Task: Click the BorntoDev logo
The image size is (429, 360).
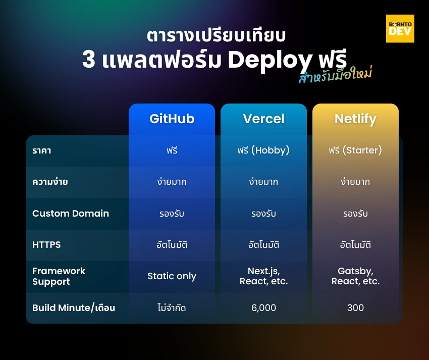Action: coord(400,28)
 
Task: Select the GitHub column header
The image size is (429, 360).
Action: coord(172,119)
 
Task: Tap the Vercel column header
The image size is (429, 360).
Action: coord(263,119)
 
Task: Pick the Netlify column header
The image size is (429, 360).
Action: coord(355,119)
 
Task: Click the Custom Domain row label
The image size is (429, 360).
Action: coord(71,213)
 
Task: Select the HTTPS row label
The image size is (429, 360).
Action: coord(46,244)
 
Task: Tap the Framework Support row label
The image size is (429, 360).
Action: coord(59,276)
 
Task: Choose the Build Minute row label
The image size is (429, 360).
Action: coord(74,307)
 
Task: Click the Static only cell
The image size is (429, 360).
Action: coord(172,276)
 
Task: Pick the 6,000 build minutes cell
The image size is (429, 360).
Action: coord(263,307)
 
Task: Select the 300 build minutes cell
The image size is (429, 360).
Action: coord(355,307)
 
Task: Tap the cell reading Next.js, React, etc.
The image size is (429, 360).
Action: coord(263,276)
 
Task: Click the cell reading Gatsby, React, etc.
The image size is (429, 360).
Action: coord(355,276)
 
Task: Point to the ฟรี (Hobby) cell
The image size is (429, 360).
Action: coord(263,150)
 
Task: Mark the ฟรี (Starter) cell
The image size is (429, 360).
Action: coord(355,150)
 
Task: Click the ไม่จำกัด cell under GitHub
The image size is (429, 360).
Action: coord(172,307)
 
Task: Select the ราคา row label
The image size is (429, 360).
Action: coord(41,150)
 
